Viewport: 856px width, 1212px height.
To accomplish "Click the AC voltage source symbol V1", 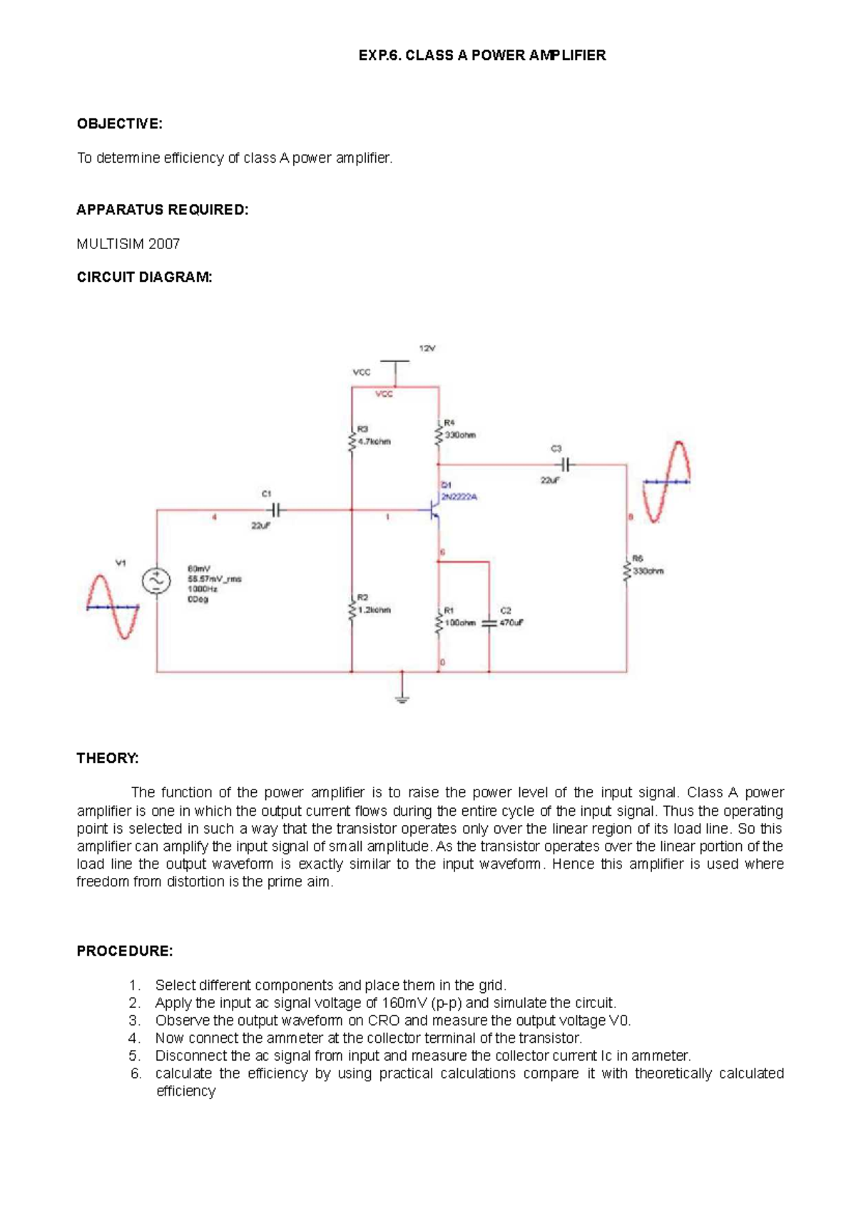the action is tap(156, 580).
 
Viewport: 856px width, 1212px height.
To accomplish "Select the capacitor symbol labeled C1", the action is tap(276, 510).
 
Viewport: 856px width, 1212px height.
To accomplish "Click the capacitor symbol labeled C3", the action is tap(566, 465).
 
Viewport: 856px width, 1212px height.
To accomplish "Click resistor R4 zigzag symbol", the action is tap(439, 435).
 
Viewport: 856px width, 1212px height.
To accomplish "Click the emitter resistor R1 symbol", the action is tap(439, 622).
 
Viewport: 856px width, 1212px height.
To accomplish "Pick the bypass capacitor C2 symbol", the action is tap(489, 622).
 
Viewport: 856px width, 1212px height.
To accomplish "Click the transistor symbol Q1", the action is tap(434, 510).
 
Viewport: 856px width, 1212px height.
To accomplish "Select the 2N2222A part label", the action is tap(459, 497).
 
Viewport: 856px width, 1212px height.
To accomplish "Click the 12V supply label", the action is tap(427, 348).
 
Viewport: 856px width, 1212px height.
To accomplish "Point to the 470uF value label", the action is tap(511, 622).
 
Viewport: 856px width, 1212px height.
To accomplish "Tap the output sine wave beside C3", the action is tap(666, 482).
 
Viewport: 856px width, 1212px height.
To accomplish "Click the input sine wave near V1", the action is tap(112, 607).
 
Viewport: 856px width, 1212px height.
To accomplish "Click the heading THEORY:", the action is tap(108, 758).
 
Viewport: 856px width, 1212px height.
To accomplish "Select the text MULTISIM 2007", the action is tap(128, 244).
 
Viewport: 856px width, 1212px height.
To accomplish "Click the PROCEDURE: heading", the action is tap(125, 951).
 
